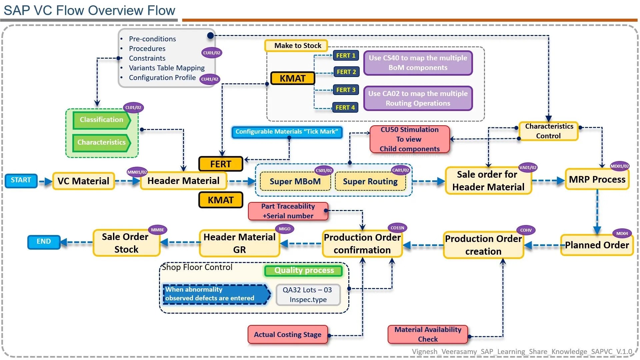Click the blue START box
(x=21, y=180)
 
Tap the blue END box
(x=44, y=242)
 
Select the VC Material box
(x=83, y=181)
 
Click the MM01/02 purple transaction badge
(x=137, y=172)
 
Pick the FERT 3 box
(x=346, y=90)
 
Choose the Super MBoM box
(x=295, y=182)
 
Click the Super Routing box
(x=370, y=182)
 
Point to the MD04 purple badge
(x=622, y=233)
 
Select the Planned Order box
(x=597, y=245)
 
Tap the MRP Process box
(x=597, y=180)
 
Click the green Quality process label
(x=304, y=270)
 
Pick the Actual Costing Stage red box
(x=288, y=335)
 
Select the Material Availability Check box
(x=428, y=334)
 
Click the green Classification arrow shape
(x=101, y=120)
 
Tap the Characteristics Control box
(x=549, y=131)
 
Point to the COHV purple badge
(x=526, y=230)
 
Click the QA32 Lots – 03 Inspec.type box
(x=308, y=295)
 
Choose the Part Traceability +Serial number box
(x=288, y=211)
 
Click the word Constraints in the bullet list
(x=147, y=58)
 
